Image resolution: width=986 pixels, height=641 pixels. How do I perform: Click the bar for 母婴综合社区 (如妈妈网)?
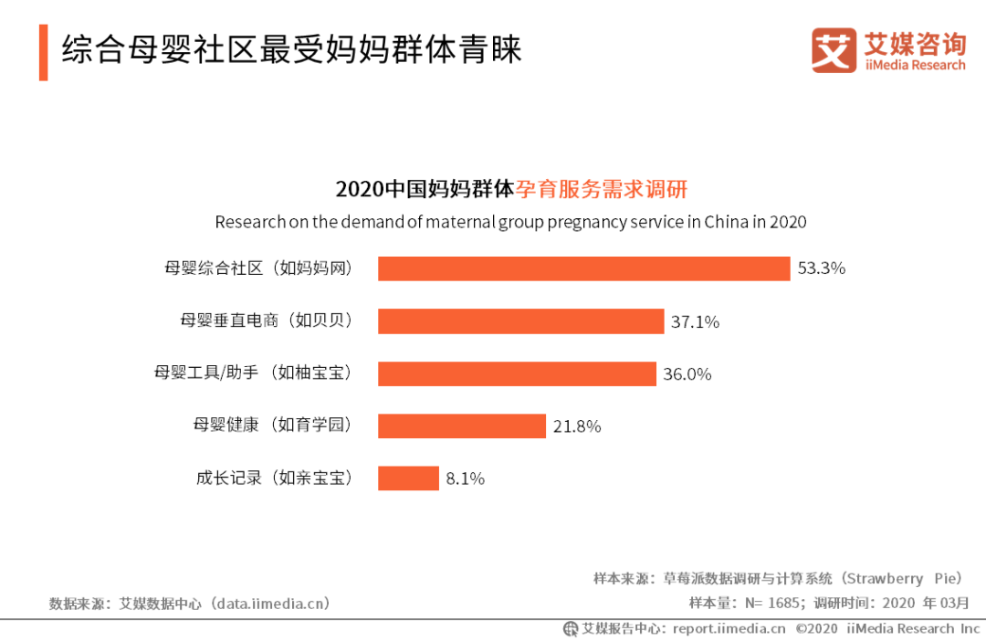[x=583, y=268]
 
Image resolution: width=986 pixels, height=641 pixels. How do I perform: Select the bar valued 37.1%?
[x=520, y=321]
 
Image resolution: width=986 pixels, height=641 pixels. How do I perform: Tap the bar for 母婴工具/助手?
[x=517, y=373]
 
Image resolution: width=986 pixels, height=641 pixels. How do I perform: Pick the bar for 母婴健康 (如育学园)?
[x=462, y=426]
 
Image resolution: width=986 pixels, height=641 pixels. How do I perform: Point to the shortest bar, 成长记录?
[x=408, y=478]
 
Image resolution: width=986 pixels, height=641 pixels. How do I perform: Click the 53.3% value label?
[x=821, y=268]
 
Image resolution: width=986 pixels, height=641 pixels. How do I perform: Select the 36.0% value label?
[x=687, y=373]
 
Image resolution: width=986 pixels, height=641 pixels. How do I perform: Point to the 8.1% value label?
[x=466, y=478]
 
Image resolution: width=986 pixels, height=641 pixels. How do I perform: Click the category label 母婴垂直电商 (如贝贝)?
[x=266, y=321]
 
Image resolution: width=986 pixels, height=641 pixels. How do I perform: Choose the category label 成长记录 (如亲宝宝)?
[x=274, y=478]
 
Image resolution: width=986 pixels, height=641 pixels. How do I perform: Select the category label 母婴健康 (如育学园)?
[x=272, y=426]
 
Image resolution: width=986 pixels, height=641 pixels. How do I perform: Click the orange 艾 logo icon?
[x=834, y=50]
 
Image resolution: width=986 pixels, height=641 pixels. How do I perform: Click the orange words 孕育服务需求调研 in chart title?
[x=602, y=189]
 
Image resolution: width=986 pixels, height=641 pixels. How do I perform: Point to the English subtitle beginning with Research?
[x=510, y=222]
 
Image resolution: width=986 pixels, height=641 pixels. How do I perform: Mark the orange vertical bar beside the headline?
[x=43, y=53]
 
